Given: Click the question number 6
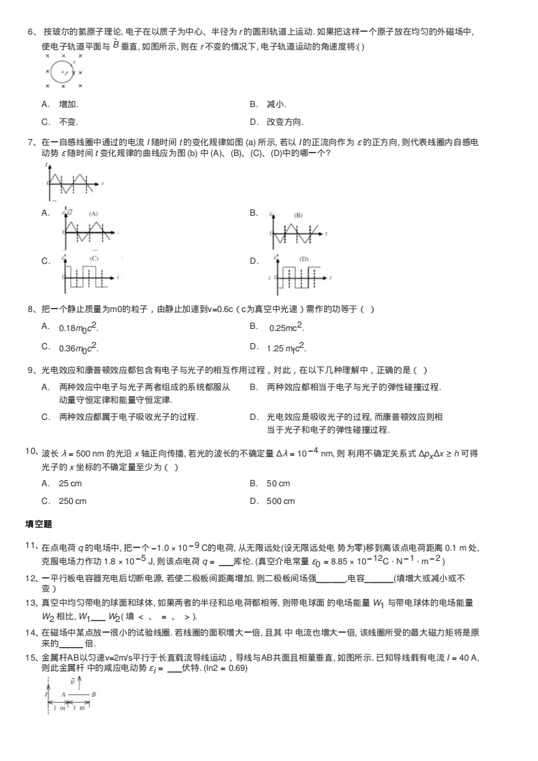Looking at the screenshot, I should click(x=31, y=32).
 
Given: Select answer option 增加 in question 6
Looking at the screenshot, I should click(x=69, y=104).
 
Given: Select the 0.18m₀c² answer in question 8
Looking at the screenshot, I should click(x=78, y=328).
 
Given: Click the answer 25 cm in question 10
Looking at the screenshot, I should click(x=71, y=484).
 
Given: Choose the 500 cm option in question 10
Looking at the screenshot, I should click(x=280, y=501).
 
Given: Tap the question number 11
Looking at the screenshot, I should click(x=31, y=546).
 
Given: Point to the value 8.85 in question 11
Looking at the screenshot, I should click(x=346, y=562).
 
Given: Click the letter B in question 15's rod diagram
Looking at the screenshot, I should click(x=93, y=695).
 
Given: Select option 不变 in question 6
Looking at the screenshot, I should click(x=69, y=122).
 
